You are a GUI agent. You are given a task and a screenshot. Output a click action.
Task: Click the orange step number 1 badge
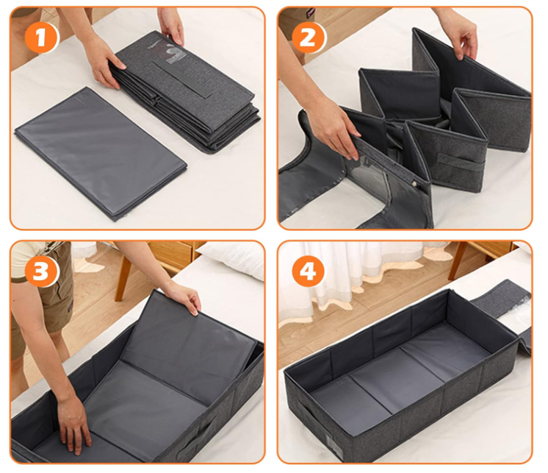click(x=42, y=37)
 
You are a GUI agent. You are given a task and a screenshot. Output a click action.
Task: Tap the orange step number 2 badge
click(x=309, y=37)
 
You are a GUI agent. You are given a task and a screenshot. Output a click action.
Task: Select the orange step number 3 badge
click(x=42, y=271)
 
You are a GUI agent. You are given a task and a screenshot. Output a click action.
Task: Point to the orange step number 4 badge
click(x=309, y=271)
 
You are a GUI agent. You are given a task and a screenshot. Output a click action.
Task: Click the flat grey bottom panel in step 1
click(x=101, y=153)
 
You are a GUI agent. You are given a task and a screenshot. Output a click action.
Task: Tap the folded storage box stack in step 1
click(x=185, y=93)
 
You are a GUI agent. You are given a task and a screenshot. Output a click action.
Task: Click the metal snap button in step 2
click(x=415, y=182)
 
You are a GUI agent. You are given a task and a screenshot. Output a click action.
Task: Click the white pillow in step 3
click(x=232, y=258)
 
